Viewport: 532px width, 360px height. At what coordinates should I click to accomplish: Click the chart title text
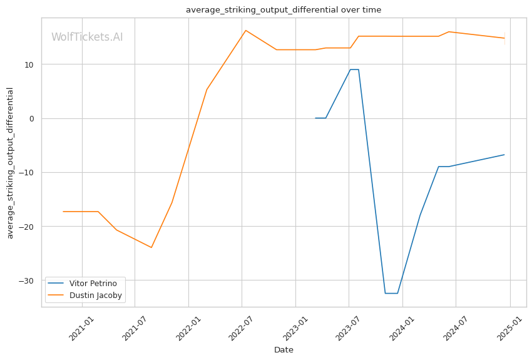284,10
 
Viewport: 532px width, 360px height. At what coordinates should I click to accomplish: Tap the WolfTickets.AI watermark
87,38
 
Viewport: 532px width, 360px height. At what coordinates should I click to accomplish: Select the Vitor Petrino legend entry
93,284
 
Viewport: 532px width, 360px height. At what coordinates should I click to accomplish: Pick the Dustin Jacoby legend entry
96,296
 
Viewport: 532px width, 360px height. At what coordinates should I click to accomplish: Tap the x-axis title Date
284,350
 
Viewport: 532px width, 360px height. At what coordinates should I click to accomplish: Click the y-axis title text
10,163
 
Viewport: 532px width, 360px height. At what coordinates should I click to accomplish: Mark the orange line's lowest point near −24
151,247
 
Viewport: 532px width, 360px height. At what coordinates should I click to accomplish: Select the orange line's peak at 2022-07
245,30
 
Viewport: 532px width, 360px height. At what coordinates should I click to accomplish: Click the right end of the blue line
504,155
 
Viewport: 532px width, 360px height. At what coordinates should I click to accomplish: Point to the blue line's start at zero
315,118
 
